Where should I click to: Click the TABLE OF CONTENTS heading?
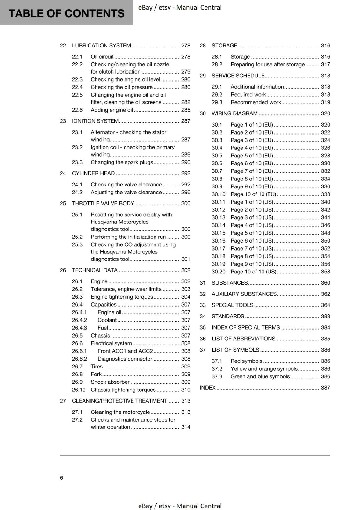tap(66, 13)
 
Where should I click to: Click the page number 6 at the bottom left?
tap(61, 477)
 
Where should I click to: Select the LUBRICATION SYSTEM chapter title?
tap(101, 46)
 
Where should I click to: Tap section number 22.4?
tap(77, 87)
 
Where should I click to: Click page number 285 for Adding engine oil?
tap(185, 110)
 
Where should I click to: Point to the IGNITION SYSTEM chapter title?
tap(95, 121)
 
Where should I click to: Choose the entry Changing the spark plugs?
tap(122, 162)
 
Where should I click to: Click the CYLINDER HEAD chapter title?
tap(93, 173)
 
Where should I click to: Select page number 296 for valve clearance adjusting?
tap(185, 192)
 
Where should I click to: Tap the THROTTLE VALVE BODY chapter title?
tap(103, 203)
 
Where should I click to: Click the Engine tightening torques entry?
tap(122, 297)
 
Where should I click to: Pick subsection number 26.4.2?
tap(79, 320)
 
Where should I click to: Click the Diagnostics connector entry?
tap(125, 359)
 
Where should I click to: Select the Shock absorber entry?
tap(110, 382)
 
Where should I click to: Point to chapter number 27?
tap(63, 401)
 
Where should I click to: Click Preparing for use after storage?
tap(267, 64)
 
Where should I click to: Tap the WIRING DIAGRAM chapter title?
tap(234, 113)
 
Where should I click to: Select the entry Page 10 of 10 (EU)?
tap(253, 194)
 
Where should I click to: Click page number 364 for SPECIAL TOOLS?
tap(325, 305)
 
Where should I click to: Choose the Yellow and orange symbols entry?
tap(264, 369)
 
